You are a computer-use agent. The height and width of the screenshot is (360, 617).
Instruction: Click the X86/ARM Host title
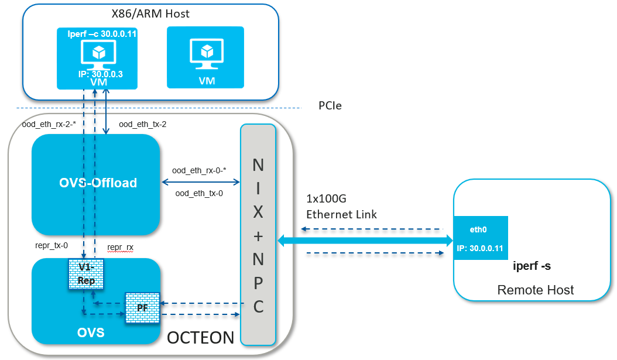click(x=150, y=13)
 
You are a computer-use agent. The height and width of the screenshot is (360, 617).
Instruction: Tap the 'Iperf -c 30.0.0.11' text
click(x=102, y=34)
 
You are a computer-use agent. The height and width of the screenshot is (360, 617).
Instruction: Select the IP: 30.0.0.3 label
click(x=100, y=74)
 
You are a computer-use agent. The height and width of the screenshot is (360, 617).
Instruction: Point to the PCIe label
click(x=330, y=106)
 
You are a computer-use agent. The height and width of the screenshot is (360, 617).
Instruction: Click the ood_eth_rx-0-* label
click(x=199, y=170)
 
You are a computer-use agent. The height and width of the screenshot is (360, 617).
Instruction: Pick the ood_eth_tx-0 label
click(x=199, y=192)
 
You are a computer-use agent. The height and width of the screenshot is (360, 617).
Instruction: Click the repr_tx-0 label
click(x=52, y=246)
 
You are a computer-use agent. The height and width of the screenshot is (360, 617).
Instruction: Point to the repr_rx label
click(x=120, y=248)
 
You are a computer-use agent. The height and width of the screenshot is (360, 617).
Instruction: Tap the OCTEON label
click(x=201, y=337)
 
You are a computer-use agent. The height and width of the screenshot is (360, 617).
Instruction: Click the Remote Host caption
click(x=535, y=290)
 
